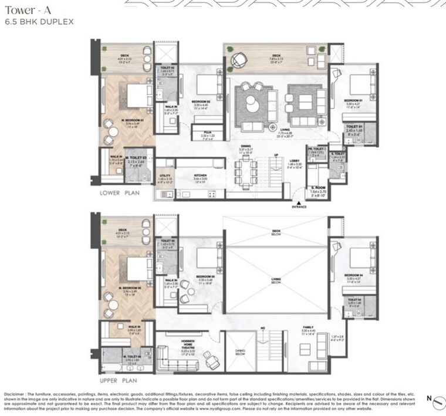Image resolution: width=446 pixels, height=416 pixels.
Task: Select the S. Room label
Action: [319, 189]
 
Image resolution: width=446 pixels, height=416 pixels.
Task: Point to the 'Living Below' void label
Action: [276, 281]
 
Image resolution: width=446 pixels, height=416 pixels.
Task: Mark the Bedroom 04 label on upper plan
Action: [353, 275]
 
